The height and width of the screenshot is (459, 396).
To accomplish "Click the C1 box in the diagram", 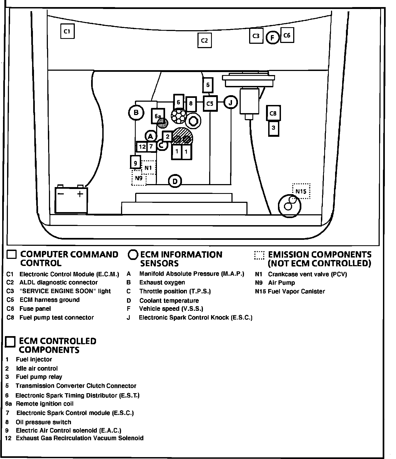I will (x=67, y=31).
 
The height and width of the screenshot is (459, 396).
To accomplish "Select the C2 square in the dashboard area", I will (x=205, y=41).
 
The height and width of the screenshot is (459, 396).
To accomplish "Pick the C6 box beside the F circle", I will (x=287, y=35).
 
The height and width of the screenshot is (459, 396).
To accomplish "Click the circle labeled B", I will (x=136, y=112).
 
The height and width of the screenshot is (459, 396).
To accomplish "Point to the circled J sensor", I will (x=231, y=103).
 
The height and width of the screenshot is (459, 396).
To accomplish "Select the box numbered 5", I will (x=208, y=85).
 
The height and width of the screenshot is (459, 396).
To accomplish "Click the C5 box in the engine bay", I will (x=210, y=103).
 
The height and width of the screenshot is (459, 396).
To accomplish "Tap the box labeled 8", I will (x=191, y=103).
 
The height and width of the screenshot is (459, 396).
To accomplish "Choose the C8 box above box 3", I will (x=273, y=113).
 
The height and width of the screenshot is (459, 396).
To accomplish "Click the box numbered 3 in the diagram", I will (x=274, y=128).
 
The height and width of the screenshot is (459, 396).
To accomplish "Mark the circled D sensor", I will (x=175, y=181).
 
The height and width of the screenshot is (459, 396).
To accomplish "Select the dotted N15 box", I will (x=301, y=191).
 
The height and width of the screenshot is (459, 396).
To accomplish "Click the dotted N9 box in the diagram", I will (x=139, y=178).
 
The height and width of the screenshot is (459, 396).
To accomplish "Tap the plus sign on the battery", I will (x=80, y=194).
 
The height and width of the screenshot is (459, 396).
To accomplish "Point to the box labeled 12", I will (x=142, y=147).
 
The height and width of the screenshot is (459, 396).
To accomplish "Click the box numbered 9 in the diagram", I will (x=135, y=163).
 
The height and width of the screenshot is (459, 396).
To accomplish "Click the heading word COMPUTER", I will (x=44, y=255).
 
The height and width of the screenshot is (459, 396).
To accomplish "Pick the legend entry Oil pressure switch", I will (x=44, y=422).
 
